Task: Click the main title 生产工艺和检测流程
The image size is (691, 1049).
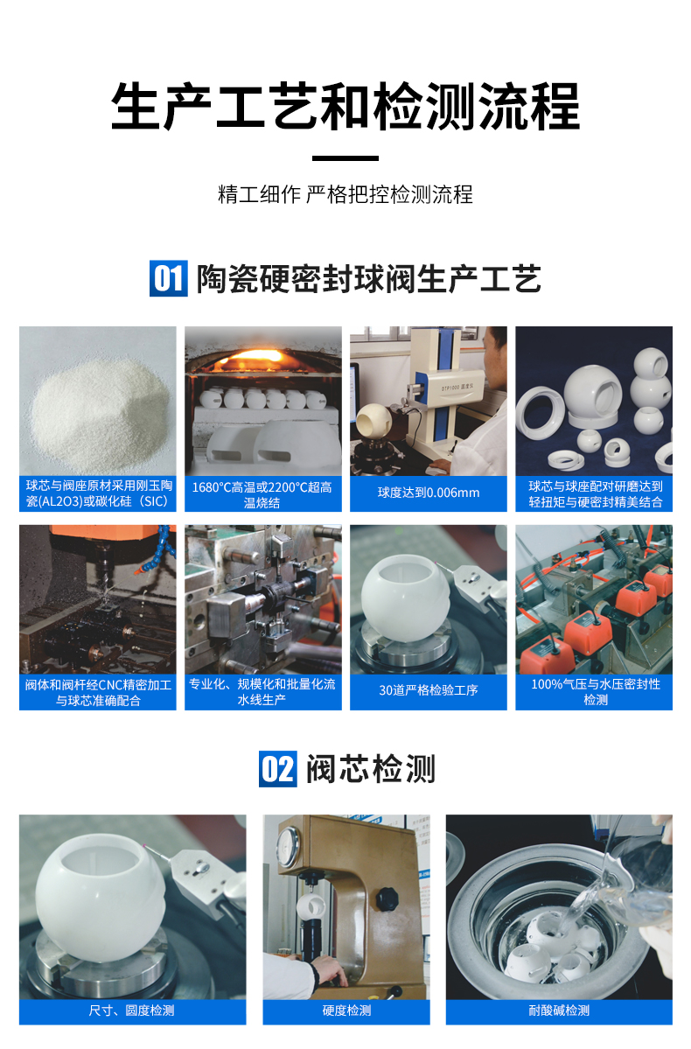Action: [345, 107]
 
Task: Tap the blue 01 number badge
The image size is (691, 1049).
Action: [168, 278]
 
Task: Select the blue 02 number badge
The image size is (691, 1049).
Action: [278, 769]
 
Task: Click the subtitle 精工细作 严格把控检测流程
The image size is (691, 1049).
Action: [345, 194]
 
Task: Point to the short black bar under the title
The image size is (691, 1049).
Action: [345, 158]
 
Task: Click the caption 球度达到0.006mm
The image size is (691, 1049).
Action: [429, 493]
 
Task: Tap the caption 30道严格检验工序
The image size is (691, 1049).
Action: [429, 690]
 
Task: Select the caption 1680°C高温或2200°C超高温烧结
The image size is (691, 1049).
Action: [262, 493]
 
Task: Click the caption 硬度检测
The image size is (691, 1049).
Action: [346, 1011]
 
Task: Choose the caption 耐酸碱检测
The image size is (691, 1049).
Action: [559, 1011]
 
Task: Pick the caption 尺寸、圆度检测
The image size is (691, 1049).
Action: [132, 1011]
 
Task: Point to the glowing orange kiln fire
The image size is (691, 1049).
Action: [262, 359]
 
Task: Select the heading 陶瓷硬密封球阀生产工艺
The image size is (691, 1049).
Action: [368, 278]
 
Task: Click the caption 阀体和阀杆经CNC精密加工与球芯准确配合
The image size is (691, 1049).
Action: [98, 691]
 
